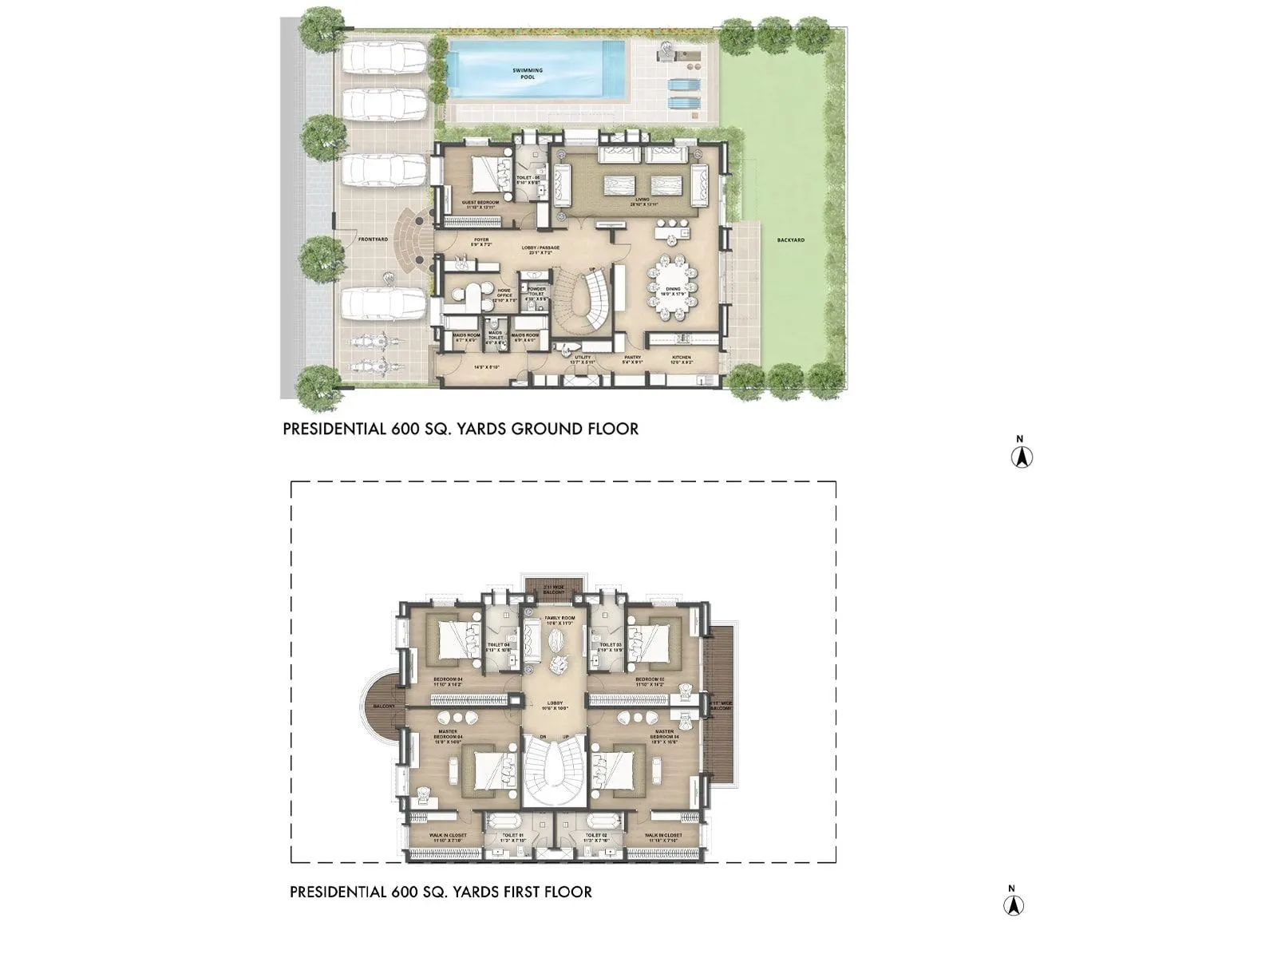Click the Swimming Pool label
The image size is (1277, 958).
[x=527, y=74]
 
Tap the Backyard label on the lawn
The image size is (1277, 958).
[x=791, y=239]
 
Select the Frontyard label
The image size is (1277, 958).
[x=373, y=239]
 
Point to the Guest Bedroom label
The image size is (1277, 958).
[x=480, y=205]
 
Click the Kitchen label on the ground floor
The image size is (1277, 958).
[x=681, y=360]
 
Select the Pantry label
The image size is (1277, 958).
[x=632, y=360]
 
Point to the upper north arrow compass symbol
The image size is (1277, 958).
[x=1022, y=456]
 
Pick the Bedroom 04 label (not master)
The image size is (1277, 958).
[x=449, y=682]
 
